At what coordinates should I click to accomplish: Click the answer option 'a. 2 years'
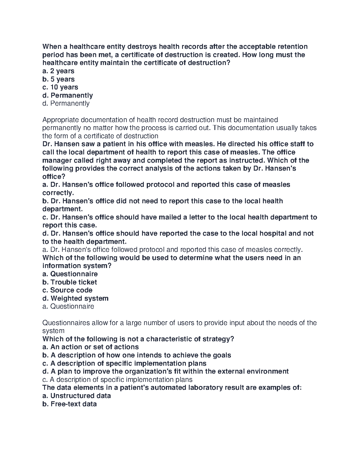(x=58, y=71)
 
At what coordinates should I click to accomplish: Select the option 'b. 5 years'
(x=58, y=79)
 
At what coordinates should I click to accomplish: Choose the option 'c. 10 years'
(x=60, y=87)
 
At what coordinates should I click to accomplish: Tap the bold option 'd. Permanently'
(x=68, y=95)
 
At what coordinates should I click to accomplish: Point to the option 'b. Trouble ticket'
(x=70, y=282)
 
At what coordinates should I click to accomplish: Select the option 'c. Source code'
(x=67, y=290)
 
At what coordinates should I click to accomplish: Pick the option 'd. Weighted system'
(x=75, y=298)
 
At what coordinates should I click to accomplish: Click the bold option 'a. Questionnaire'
(x=70, y=274)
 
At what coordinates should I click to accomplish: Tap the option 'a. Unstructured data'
(x=76, y=396)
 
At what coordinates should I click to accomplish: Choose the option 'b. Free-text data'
(x=69, y=404)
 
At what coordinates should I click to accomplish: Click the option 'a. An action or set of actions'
(x=91, y=347)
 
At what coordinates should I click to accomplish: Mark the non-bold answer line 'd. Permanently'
(x=66, y=103)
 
